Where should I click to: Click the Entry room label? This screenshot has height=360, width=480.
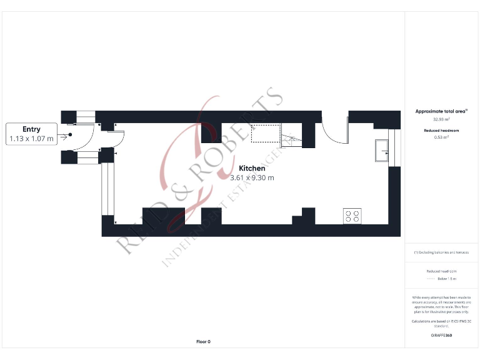click(x=31, y=129)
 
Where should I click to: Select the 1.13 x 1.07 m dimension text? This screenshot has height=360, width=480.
click(x=31, y=139)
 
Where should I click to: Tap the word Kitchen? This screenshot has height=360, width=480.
click(x=252, y=168)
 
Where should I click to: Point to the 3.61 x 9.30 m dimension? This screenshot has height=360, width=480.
click(x=252, y=177)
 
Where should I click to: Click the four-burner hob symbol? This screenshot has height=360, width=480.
click(x=352, y=216)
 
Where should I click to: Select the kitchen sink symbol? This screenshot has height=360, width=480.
click(x=381, y=150)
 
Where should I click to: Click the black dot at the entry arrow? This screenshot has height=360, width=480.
click(x=70, y=134)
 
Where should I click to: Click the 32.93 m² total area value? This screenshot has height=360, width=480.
click(x=442, y=119)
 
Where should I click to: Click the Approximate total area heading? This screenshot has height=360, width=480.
click(x=442, y=111)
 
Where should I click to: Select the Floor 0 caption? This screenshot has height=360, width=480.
click(x=203, y=342)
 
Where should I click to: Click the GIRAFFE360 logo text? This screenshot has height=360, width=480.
click(x=442, y=336)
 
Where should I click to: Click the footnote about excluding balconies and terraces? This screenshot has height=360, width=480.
click(x=442, y=252)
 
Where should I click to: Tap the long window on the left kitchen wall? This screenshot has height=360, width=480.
click(x=109, y=188)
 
